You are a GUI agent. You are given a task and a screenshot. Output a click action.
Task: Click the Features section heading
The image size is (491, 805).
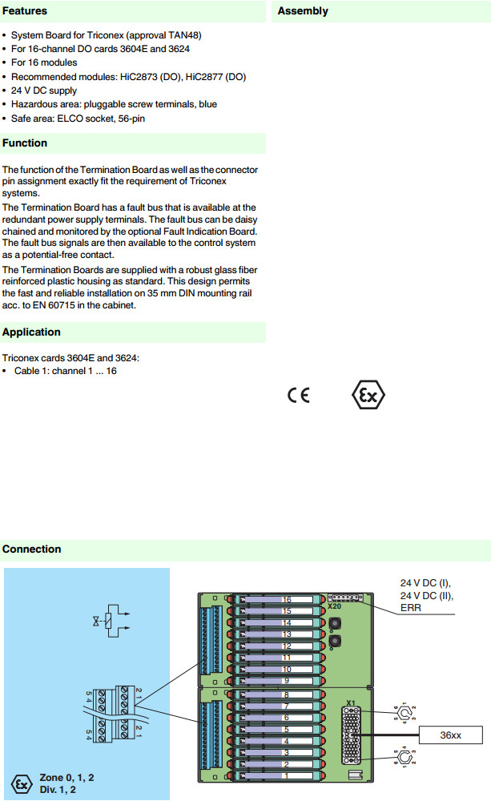[x=25, y=11]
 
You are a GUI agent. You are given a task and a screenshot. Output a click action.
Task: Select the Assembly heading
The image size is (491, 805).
[x=303, y=11]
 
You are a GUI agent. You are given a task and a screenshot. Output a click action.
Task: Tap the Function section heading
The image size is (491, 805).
[x=25, y=143]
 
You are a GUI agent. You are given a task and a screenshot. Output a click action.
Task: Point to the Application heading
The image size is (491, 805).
[x=31, y=332]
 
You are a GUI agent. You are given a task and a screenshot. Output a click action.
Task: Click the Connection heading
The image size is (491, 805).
[x=31, y=549]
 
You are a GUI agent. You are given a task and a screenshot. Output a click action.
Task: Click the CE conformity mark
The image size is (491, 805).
[x=298, y=396]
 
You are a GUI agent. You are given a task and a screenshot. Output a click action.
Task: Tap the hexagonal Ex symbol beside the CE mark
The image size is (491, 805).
[x=369, y=396]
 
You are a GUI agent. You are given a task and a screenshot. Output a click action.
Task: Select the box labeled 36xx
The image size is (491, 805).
[x=451, y=735]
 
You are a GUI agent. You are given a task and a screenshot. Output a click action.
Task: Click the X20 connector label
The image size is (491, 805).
[x=334, y=608]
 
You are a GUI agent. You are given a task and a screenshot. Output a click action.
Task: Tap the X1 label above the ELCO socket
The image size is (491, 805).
[x=350, y=702]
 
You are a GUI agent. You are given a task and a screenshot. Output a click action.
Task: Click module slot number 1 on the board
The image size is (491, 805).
[x=286, y=776]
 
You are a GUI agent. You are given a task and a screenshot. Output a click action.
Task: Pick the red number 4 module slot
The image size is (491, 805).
[x=286, y=741]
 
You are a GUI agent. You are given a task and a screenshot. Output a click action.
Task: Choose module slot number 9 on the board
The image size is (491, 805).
[x=286, y=681]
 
